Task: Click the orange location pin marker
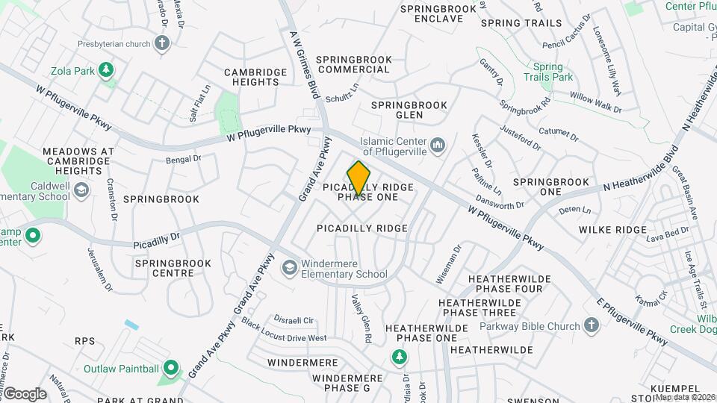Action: pos(359,178)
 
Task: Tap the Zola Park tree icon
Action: pos(108,71)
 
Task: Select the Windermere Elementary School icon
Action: pos(288,267)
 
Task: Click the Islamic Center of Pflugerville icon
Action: pos(438,143)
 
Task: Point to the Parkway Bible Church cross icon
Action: pos(592,325)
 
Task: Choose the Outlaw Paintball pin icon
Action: pos(170,369)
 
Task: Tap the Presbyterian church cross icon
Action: pos(163,43)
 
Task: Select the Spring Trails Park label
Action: pos(547,72)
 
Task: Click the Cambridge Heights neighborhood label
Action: pos(256,77)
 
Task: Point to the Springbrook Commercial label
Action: pos(353,64)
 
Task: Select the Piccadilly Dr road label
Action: pos(157,240)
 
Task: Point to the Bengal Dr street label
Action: pos(183,159)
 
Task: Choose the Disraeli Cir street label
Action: pos(293,320)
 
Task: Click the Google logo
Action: pos(24,393)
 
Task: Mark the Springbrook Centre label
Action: pos(173,269)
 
